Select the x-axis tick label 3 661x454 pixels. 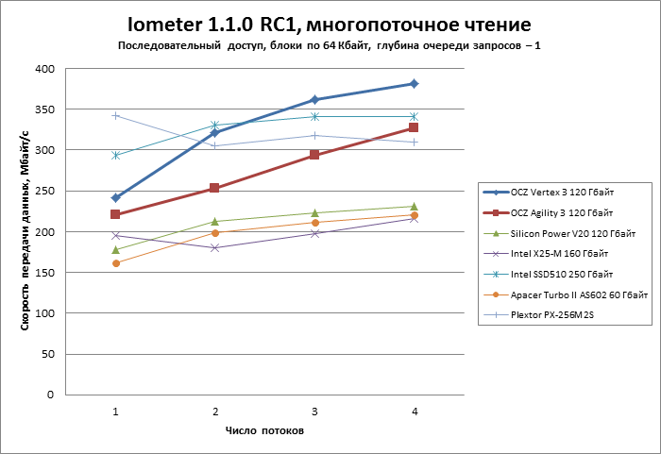pos(314,412)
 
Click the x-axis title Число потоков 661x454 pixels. pos(264,431)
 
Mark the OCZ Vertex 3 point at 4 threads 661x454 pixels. pos(414,84)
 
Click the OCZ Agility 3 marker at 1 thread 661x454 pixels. pos(115,214)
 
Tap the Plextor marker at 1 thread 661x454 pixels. pos(115,115)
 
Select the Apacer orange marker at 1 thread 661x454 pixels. pos(115,263)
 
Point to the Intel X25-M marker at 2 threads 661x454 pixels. pos(214,247)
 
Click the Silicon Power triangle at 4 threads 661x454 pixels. pos(414,206)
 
